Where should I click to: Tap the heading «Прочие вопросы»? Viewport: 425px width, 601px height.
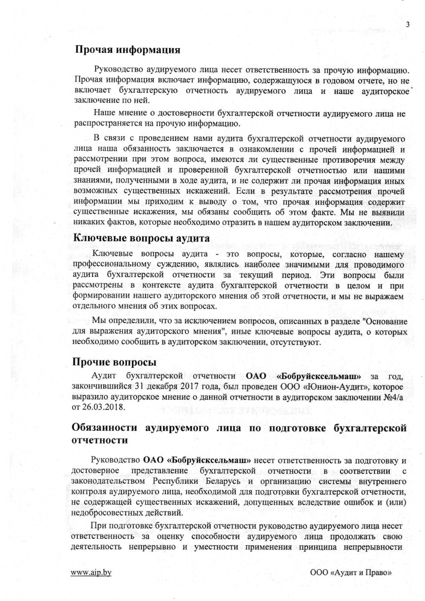tap(110, 362)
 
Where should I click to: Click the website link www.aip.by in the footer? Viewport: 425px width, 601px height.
tap(91, 573)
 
